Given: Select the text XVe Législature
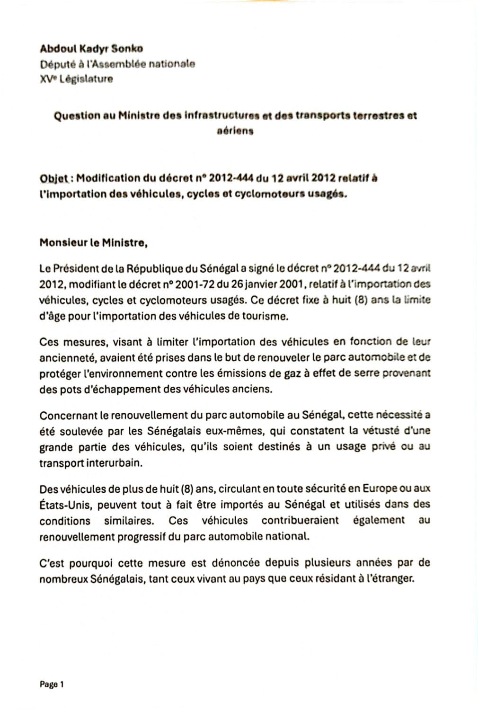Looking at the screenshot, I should tap(76, 79).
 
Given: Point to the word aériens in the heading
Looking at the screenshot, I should tap(235, 131).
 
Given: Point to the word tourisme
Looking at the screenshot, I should tap(264, 316).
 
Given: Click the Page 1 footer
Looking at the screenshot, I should tap(52, 684).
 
